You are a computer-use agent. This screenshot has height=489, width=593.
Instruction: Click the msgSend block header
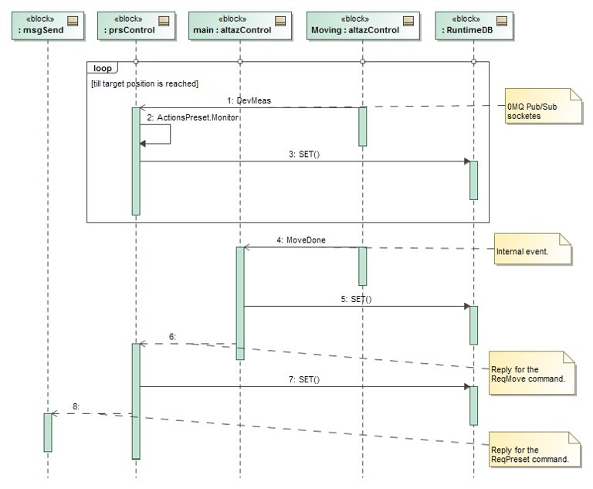[47, 25]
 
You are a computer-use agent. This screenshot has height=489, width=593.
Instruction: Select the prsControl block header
[135, 25]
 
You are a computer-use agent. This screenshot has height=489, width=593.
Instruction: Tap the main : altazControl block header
[239, 25]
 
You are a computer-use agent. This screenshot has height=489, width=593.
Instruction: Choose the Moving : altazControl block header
[362, 25]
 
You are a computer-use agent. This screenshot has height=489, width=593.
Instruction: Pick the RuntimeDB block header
[473, 25]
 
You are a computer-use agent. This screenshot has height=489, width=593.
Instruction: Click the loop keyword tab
[103, 68]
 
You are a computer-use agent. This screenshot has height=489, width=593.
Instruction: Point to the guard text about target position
[144, 83]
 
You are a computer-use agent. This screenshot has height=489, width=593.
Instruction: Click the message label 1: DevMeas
[249, 100]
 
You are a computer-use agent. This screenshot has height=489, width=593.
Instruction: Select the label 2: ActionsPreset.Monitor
[198, 117]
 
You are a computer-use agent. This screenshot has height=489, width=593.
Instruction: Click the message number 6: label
[173, 337]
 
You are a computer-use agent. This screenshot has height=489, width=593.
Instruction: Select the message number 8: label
[76, 406]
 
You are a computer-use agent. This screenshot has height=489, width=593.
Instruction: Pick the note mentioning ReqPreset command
[534, 455]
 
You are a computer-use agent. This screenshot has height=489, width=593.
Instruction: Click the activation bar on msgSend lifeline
[47, 432]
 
